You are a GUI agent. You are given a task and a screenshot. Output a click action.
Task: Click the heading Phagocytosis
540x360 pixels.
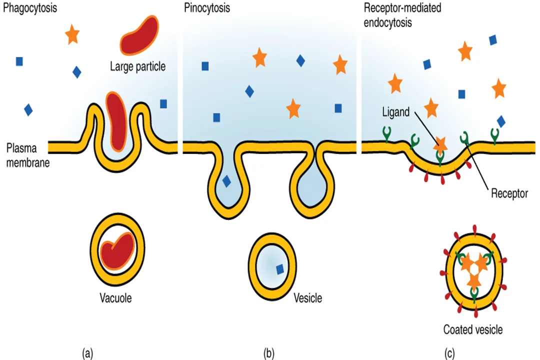click(x=29, y=8)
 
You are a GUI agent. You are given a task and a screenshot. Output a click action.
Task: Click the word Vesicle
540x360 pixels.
click(x=307, y=298)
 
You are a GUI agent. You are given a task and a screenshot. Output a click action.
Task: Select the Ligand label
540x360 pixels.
click(x=395, y=112)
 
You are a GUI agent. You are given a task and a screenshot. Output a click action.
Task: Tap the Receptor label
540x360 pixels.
click(x=509, y=193)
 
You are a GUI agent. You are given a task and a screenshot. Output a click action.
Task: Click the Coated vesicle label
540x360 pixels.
click(x=472, y=329)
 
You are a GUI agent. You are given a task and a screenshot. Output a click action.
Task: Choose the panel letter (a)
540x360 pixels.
click(x=87, y=353)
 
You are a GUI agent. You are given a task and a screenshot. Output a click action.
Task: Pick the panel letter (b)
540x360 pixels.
click(x=269, y=353)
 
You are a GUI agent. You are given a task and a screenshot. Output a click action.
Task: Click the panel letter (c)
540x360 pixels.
click(x=449, y=353)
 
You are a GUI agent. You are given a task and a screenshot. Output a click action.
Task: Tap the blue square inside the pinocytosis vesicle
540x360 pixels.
click(x=279, y=269)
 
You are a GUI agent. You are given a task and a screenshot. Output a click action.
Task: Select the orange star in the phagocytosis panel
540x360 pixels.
click(x=72, y=35)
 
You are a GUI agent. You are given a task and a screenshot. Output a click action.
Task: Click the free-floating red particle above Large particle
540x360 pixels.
click(x=138, y=35)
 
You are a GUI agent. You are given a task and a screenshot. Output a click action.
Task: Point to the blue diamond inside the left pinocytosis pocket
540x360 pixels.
click(x=226, y=181)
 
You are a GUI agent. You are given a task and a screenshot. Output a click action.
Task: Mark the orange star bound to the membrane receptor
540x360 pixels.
click(x=440, y=145)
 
